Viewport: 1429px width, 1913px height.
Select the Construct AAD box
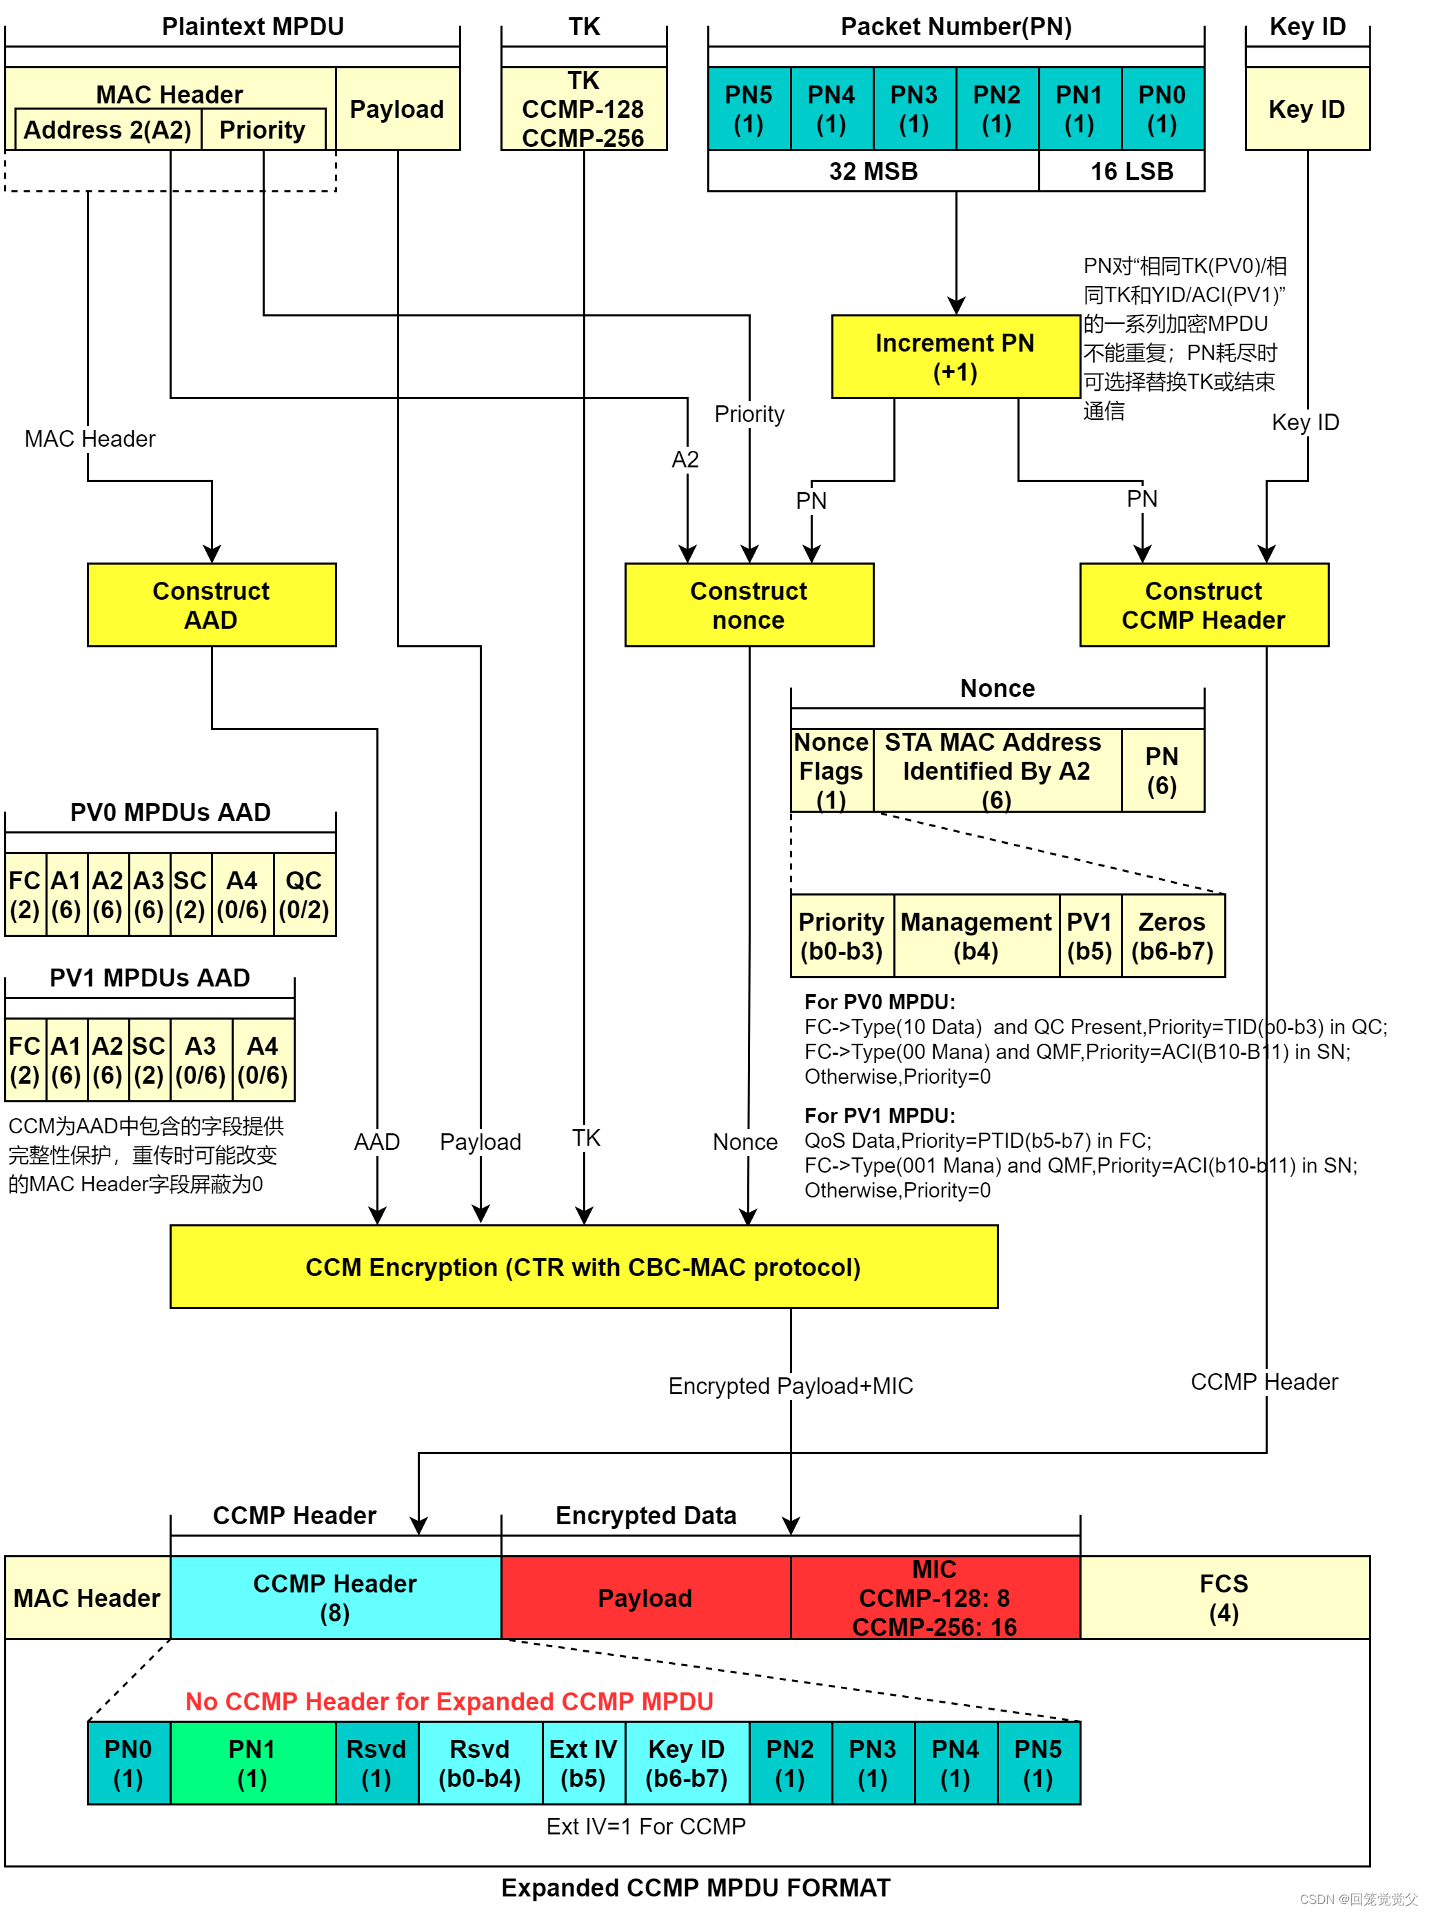[x=211, y=605]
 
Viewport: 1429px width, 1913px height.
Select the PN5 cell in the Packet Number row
[x=748, y=109]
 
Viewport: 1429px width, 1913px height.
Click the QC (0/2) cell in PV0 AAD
[x=303, y=894]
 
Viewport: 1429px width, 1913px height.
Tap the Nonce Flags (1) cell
[x=831, y=770]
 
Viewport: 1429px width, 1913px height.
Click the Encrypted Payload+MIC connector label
[x=790, y=1386]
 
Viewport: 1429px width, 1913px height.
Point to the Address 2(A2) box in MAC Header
[x=108, y=130]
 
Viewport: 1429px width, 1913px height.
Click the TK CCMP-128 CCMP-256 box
[x=583, y=109]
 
